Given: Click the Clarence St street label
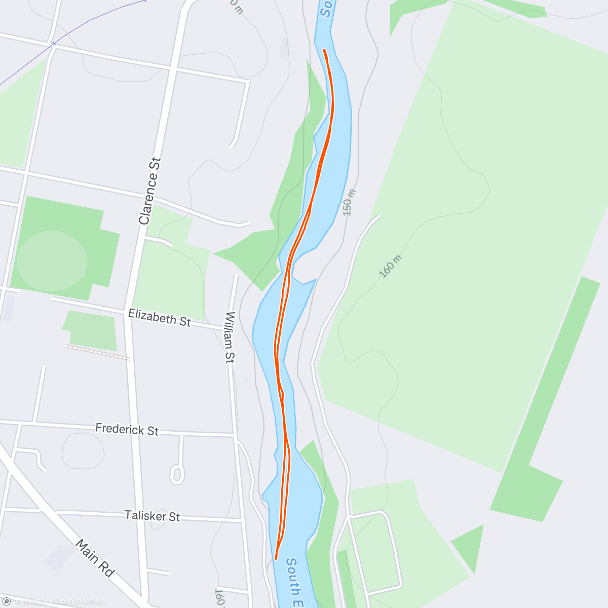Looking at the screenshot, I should coord(150,191).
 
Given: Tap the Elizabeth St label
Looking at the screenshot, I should coord(159,318).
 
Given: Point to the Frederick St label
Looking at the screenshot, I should coord(127,430).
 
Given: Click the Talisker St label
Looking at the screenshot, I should coord(152,516).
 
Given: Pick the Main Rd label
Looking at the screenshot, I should coord(95,558).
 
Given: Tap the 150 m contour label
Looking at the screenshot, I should coord(349,203).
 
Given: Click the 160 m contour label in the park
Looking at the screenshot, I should coord(390,267).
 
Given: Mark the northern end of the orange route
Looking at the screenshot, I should coord(324,50).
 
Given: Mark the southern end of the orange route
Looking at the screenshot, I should coord(276,559).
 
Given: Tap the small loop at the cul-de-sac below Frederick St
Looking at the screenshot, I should coord(177,474).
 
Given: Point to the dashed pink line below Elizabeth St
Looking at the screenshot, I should coord(98,352).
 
